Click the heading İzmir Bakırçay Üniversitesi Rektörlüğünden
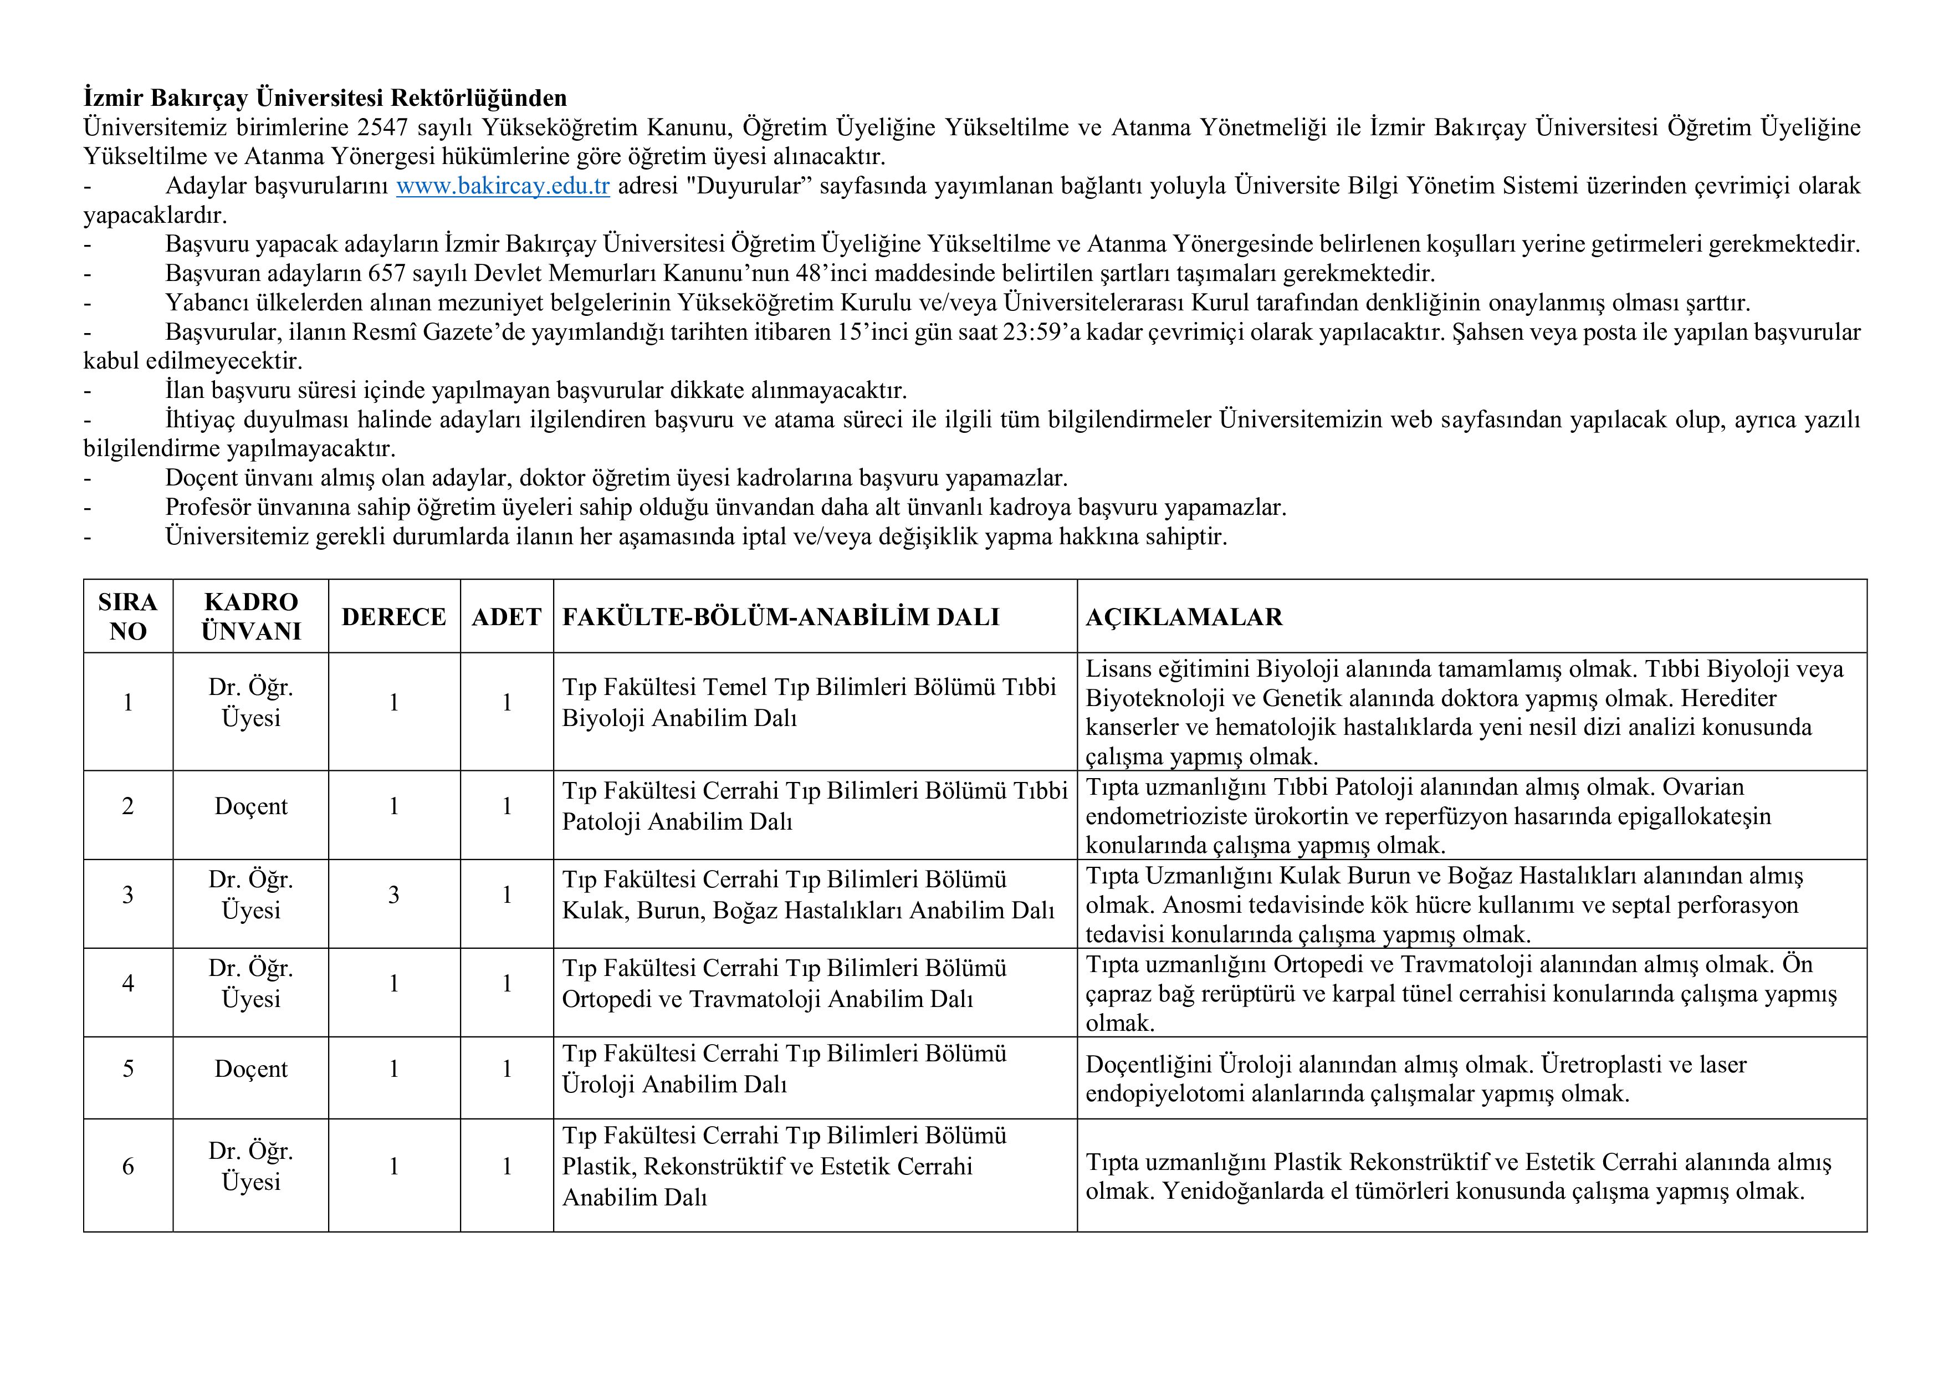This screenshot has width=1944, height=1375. [x=325, y=98]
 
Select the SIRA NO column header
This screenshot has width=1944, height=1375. [x=128, y=616]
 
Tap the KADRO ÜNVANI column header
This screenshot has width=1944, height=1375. [x=250, y=616]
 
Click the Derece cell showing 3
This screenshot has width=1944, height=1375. [x=393, y=895]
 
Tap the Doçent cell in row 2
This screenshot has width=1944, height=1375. [x=250, y=806]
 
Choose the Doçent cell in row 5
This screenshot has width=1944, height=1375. [x=250, y=1069]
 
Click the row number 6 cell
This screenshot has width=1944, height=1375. [x=128, y=1167]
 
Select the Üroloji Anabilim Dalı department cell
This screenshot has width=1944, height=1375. [x=784, y=1069]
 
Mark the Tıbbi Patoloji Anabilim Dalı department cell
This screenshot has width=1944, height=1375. [x=815, y=806]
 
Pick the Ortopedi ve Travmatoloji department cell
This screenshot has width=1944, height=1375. [x=784, y=984]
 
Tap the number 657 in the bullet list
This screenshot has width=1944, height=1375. [x=387, y=273]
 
